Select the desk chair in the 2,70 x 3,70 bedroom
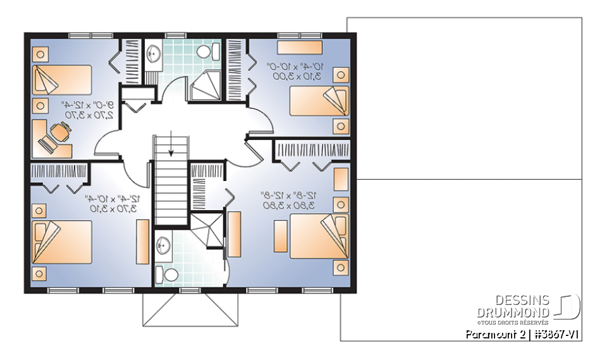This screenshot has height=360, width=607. click(61, 131)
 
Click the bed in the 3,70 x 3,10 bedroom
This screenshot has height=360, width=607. click(62, 241)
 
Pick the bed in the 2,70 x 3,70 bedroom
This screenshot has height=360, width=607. click(62, 78)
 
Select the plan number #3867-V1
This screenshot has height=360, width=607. click(555, 334)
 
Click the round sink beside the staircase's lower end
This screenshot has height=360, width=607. click(164, 245)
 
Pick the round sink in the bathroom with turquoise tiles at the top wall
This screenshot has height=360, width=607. click(152, 53)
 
